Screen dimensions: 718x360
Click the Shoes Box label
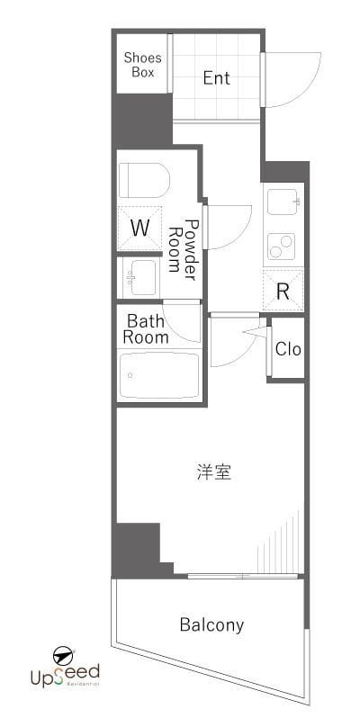pos(142,65)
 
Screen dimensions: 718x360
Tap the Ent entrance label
pos(216,78)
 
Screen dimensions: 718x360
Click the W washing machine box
pos(139,228)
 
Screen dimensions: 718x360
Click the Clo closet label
pos(288,349)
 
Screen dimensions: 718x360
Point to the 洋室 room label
pos(214,471)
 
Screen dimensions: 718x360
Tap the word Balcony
pos(211,624)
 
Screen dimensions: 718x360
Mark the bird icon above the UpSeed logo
pos(63,653)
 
